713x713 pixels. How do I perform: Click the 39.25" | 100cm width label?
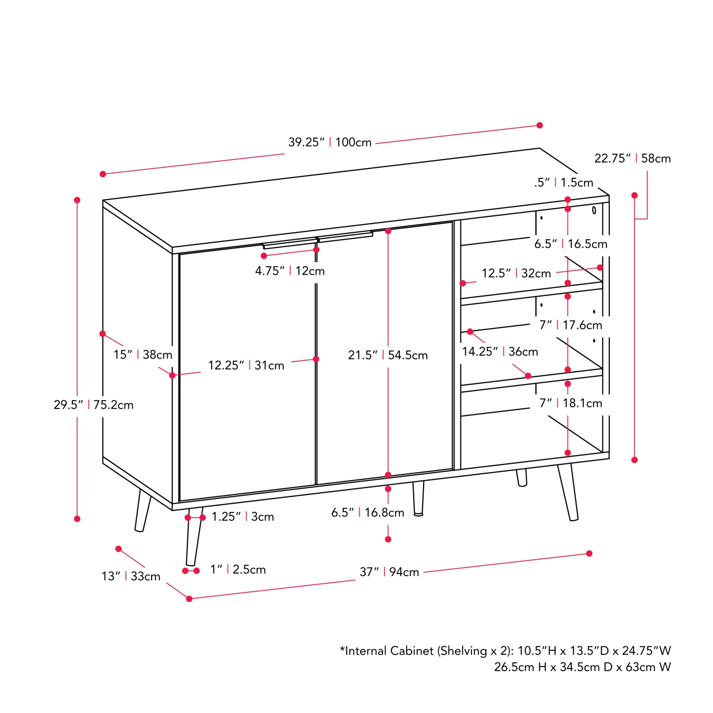(330, 142)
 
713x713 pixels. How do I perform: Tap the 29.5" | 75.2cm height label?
(94, 405)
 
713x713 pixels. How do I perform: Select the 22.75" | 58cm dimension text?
(632, 158)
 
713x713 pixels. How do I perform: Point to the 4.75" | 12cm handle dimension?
(290, 271)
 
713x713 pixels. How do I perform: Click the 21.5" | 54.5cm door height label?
(388, 355)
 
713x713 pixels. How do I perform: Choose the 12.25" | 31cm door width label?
(246, 366)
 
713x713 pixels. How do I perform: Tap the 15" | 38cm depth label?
(143, 355)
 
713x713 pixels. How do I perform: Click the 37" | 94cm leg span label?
(389, 572)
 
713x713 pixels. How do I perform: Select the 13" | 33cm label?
(131, 576)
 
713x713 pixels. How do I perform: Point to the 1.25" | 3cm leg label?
(242, 517)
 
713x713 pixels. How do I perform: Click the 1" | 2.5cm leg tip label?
(238, 569)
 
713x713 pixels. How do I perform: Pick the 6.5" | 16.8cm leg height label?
(367, 512)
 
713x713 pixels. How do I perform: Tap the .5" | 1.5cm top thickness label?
(564, 183)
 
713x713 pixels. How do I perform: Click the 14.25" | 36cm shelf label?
(500, 352)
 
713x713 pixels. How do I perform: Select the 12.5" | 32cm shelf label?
(516, 273)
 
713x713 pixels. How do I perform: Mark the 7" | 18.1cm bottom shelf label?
(570, 403)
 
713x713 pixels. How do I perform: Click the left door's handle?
(290, 244)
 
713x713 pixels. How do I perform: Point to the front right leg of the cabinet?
(568, 492)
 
